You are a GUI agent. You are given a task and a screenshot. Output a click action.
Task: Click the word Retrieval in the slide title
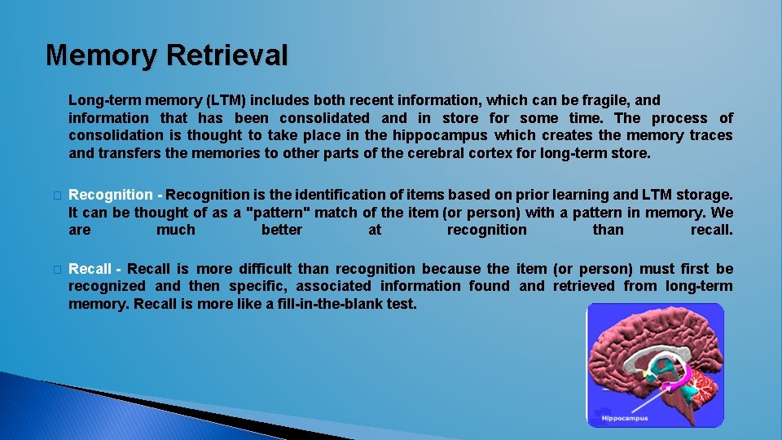(x=227, y=55)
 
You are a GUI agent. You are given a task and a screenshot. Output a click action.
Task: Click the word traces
(x=710, y=136)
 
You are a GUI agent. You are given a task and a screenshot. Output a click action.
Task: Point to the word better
(x=282, y=231)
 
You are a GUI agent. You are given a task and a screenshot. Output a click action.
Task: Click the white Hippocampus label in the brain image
(x=624, y=418)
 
